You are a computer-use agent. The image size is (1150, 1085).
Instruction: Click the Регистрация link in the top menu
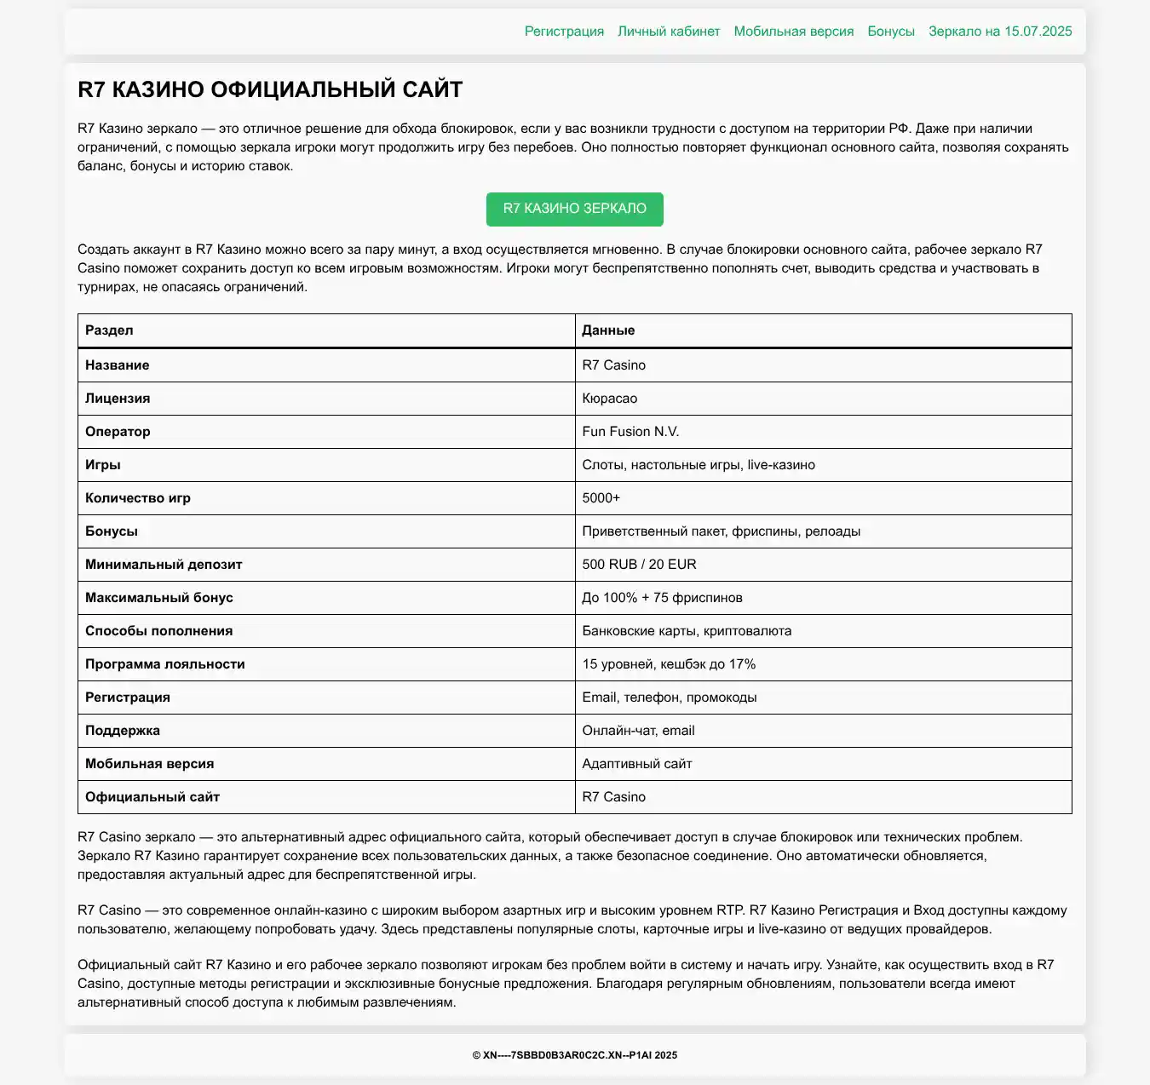[x=564, y=32]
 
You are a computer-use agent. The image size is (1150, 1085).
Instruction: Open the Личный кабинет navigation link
[x=669, y=32]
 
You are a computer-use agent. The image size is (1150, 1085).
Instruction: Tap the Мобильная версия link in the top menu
[x=793, y=32]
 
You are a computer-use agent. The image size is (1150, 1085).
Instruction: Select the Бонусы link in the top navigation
[x=891, y=32]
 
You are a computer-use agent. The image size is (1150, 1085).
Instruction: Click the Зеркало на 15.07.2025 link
[x=1000, y=32]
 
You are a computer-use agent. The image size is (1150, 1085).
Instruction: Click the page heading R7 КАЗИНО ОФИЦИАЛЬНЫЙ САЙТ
[x=270, y=89]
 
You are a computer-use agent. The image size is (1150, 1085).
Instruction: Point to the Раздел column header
[x=109, y=330]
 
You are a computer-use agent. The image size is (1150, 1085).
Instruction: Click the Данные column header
[x=608, y=330]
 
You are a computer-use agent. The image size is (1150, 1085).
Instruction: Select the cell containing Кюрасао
[x=610, y=399]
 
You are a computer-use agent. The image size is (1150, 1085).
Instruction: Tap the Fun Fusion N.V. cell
[x=630, y=432]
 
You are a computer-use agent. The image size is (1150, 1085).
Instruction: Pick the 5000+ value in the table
[x=601, y=498]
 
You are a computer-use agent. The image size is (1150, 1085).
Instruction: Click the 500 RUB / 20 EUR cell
[x=639, y=565]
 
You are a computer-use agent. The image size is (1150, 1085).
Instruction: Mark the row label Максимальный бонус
[x=159, y=598]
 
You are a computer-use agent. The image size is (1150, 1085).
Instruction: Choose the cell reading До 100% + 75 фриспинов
[x=662, y=598]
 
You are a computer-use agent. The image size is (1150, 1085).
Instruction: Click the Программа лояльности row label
[x=165, y=664]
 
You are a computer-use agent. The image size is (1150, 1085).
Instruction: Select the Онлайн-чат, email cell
[x=638, y=731]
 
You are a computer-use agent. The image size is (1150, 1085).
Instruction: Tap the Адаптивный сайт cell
[x=637, y=764]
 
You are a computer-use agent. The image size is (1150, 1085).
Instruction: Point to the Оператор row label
[x=118, y=432]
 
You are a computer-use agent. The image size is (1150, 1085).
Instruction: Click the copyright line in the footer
[x=575, y=1055]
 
